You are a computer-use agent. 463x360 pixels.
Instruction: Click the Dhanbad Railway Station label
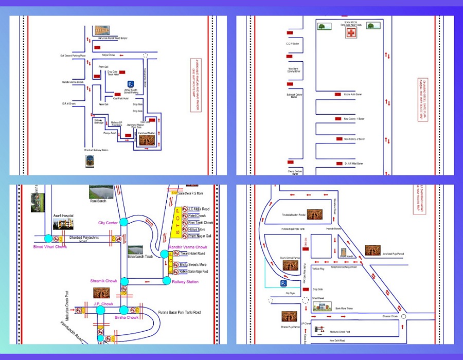pos(93,150)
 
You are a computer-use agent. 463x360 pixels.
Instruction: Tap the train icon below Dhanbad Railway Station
pos(91,160)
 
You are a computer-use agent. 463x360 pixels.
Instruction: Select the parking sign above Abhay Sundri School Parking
pos(130,83)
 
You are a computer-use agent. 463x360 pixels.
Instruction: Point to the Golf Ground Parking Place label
pos(73,55)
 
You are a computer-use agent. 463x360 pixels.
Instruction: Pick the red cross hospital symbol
pos(351,33)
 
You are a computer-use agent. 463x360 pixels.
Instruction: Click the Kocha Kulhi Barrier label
pos(353,95)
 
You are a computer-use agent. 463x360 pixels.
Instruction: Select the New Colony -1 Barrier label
pos(354,119)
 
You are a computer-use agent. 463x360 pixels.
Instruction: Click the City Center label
pos(109,223)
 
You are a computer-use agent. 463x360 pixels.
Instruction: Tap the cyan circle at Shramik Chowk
pos(123,281)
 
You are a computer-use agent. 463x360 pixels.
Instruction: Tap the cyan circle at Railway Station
pos(167,281)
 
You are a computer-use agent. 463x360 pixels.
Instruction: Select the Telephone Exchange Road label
pos(343,267)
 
